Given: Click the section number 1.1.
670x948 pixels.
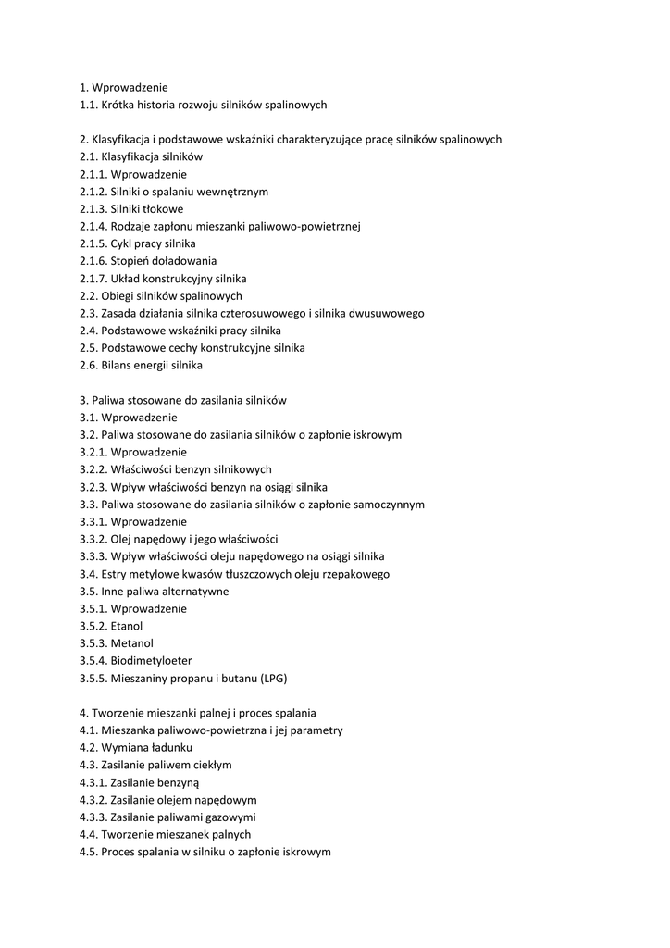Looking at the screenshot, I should pyautogui.click(x=89, y=105).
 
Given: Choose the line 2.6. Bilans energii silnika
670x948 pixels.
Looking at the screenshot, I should pyautogui.click(x=141, y=365).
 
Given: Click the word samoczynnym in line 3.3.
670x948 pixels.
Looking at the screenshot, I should pyautogui.click(x=390, y=505).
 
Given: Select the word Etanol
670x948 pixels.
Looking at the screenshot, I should pyautogui.click(x=127, y=626).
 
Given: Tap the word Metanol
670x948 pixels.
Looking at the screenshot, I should pyautogui.click(x=132, y=643).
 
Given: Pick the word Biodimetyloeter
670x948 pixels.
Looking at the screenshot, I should pyautogui.click(x=152, y=661).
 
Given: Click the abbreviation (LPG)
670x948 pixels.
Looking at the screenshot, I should pyautogui.click(x=273, y=679).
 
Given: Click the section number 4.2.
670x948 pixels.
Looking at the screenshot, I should pyautogui.click(x=89, y=747).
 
